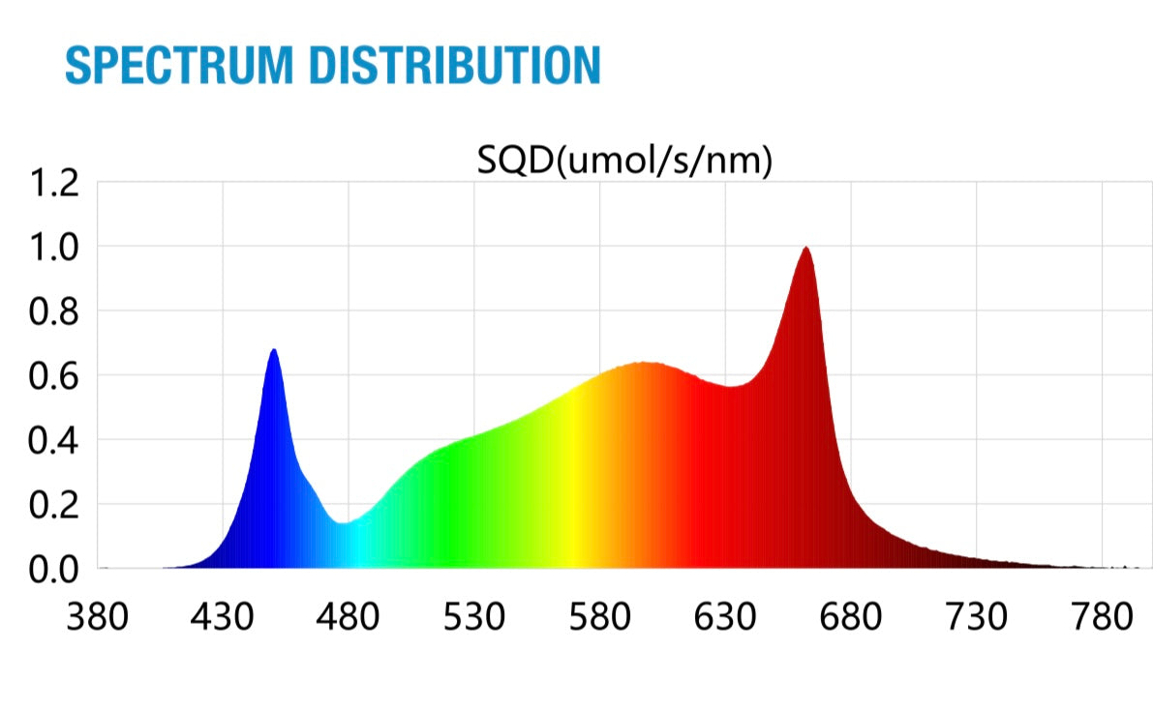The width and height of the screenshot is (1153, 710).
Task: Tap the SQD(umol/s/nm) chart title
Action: [x=624, y=163]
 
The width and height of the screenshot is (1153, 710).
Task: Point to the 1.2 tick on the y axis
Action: [x=54, y=182]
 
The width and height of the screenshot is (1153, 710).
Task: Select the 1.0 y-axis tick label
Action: [x=54, y=247]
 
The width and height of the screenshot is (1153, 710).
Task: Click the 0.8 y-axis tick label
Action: [x=54, y=311]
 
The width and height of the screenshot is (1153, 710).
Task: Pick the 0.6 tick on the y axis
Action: [x=54, y=375]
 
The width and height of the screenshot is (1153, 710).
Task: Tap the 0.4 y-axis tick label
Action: [x=54, y=440]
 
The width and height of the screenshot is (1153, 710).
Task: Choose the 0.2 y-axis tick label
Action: [x=54, y=505]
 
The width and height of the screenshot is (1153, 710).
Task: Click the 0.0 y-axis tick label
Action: [x=54, y=569]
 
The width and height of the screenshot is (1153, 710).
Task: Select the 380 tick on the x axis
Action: [x=97, y=617]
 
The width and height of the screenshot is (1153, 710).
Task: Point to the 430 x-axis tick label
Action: [x=223, y=617]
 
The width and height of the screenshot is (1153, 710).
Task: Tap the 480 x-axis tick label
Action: [x=349, y=617]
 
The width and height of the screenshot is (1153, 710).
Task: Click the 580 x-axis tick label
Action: [x=599, y=617]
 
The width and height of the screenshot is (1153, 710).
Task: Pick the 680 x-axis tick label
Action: [x=850, y=617]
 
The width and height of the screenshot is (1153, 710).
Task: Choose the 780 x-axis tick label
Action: [x=1101, y=617]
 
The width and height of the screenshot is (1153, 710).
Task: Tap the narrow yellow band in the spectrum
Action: [x=575, y=484]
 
